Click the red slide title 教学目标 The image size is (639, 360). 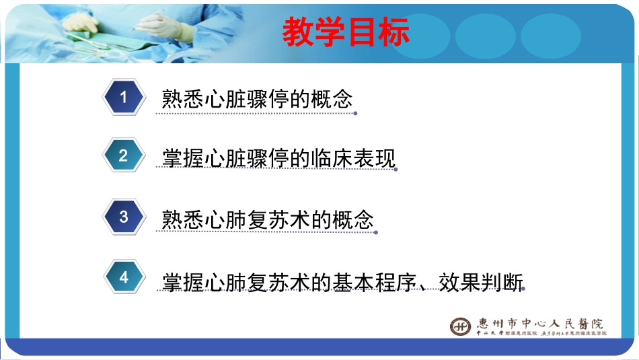tap(346, 32)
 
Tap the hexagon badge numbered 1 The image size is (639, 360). tap(123, 98)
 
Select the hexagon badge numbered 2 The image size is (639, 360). tap(123, 156)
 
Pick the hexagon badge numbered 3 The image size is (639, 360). tap(123, 217)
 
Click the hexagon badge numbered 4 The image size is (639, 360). tap(124, 277)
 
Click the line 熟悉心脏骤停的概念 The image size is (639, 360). tap(258, 99)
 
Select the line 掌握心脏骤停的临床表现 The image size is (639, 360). tap(278, 157)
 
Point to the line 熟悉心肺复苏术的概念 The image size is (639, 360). tap(268, 219)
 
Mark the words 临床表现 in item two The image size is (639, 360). tap(352, 157)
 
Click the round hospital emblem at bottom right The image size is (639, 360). tap(461, 326)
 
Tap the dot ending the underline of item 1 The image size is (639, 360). tap(355, 114)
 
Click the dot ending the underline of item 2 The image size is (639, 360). tap(396, 170)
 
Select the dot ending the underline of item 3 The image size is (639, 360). tap(376, 233)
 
